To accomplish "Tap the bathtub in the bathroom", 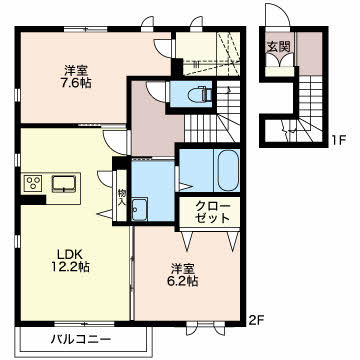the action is click(x=228, y=170).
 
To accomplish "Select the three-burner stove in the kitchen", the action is click(x=32, y=183).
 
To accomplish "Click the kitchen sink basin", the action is click(x=64, y=184).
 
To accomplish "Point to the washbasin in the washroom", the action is click(x=139, y=209).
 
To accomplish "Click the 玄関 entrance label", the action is click(x=277, y=47).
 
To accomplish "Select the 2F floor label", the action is click(x=256, y=321).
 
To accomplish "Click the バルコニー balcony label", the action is click(x=81, y=340).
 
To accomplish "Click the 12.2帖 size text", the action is click(x=70, y=267).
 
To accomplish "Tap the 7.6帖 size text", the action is click(x=76, y=82).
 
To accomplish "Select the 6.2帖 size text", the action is click(x=182, y=281).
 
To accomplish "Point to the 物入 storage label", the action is click(x=121, y=197).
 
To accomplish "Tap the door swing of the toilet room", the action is click(x=157, y=90).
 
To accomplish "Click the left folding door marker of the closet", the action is click(x=187, y=241).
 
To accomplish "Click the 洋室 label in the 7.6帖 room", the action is click(x=76, y=70).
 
